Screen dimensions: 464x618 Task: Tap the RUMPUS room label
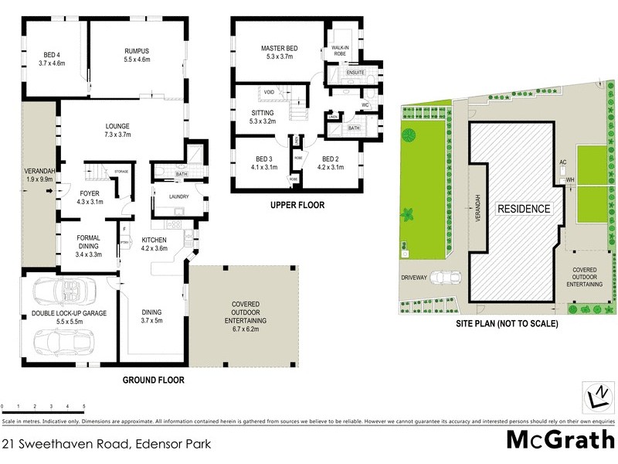pos(137,52)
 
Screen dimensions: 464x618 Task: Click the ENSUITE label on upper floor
pos(355,72)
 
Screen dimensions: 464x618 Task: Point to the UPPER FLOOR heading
pos(297,205)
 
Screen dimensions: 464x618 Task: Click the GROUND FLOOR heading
pos(153,380)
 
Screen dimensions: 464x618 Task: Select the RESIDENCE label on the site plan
pos(523,209)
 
